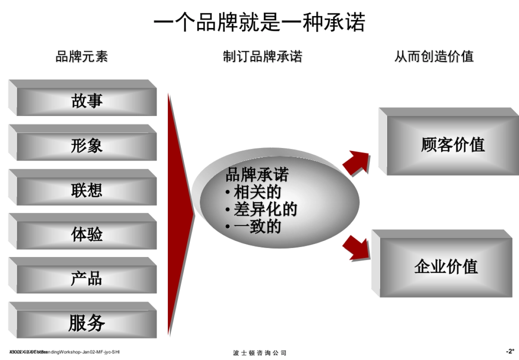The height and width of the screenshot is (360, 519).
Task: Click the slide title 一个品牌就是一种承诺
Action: tap(259, 22)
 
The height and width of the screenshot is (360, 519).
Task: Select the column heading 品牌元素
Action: tap(82, 56)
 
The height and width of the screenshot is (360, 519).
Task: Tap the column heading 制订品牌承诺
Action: tap(263, 56)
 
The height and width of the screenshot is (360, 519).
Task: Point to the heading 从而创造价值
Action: tap(434, 56)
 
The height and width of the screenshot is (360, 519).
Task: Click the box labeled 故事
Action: tap(86, 101)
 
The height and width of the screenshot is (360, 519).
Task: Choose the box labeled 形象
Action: tap(86, 146)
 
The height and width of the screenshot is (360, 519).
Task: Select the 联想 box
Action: tap(86, 190)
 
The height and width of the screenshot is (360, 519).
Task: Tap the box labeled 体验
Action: tap(86, 235)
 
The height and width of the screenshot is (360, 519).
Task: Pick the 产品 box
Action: tap(86, 279)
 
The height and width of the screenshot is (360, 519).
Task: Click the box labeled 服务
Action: tap(86, 323)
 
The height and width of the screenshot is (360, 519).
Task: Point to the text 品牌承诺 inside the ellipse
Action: tap(257, 175)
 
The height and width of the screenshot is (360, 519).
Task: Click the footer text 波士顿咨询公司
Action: tap(259, 353)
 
